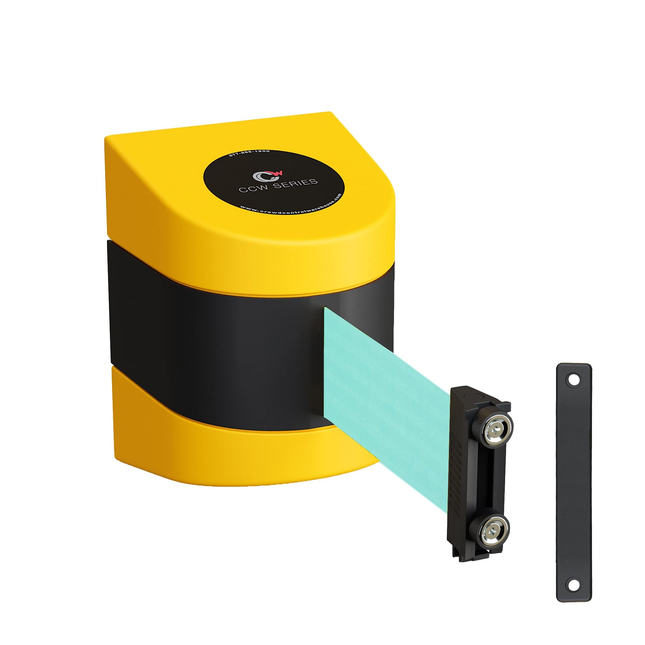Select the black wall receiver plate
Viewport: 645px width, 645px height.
tap(573, 484)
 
